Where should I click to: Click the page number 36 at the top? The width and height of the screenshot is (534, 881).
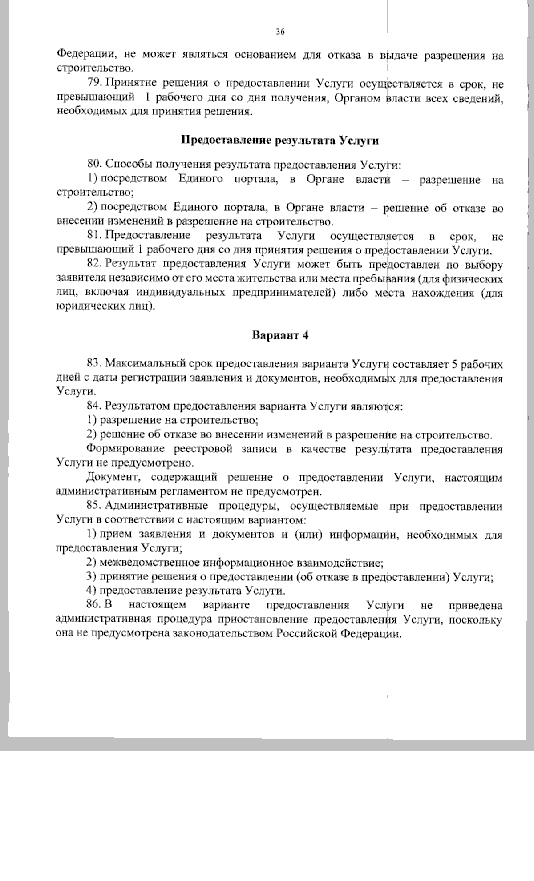tap(280, 32)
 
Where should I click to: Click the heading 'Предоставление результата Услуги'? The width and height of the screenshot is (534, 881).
tap(280, 141)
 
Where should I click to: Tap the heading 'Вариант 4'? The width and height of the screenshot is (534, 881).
tap(280, 335)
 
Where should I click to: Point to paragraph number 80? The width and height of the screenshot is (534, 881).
tap(95, 165)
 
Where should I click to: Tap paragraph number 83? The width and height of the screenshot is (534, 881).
tap(95, 364)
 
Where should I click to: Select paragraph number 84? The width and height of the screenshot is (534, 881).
tap(95, 406)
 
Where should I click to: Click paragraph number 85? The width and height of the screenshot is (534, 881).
tap(95, 506)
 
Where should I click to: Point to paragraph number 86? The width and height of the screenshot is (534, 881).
tap(95, 605)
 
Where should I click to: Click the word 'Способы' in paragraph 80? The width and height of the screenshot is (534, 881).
tap(126, 165)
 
